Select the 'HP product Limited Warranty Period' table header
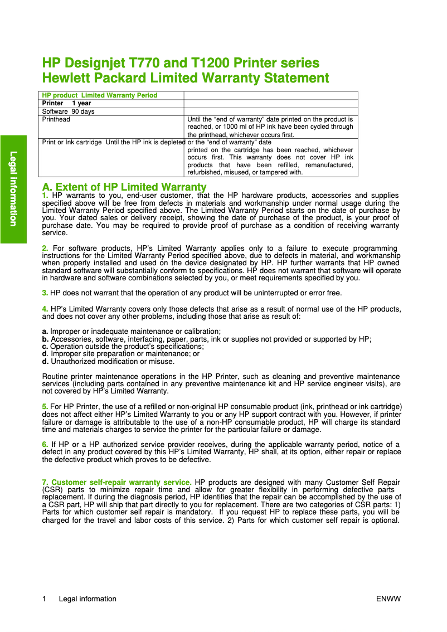point(100,95)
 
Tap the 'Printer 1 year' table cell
point(66,103)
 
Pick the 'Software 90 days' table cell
point(69,111)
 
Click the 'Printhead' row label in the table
point(56,119)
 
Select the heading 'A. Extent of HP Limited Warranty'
point(124,187)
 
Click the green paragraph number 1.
point(45,196)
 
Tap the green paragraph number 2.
point(45,248)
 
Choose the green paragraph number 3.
point(45,293)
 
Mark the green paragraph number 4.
point(45,309)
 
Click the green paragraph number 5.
point(45,407)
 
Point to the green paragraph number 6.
point(45,444)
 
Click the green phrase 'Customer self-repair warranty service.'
point(122,482)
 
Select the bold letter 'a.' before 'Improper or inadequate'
point(45,332)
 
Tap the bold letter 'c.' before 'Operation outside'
point(45,346)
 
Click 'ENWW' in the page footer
point(388,599)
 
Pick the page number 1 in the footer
point(44,599)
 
